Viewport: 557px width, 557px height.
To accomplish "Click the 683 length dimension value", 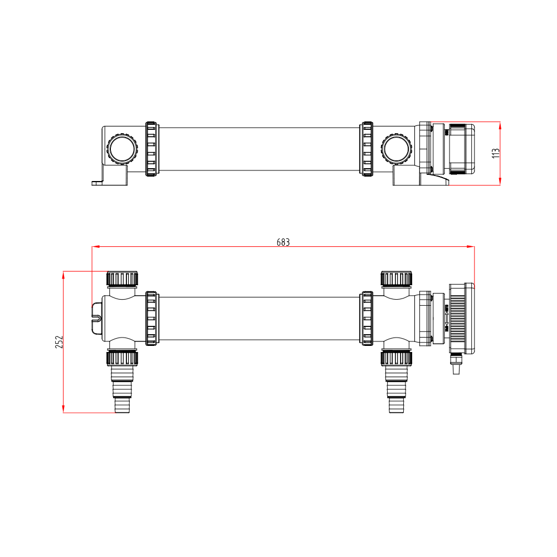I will [284, 242].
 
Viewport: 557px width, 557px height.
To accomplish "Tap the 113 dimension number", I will [496, 153].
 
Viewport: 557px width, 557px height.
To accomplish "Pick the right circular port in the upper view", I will [396, 149].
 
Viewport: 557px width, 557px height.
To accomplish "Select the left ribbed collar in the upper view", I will [151, 149].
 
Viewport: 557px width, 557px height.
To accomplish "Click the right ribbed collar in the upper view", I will [367, 149].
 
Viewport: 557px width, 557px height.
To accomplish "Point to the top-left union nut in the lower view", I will [122, 278].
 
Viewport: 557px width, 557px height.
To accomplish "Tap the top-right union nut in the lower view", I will [397, 278].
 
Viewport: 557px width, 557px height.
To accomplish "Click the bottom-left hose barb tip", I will [122, 405].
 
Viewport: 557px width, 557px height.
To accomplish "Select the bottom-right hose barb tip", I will [397, 405].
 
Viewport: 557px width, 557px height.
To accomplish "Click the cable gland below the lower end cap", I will [457, 365].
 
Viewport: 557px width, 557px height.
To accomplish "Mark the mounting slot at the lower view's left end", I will [96, 318].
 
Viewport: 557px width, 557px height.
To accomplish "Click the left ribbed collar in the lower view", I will [151, 318].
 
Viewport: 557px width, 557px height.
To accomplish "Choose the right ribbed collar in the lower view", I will [367, 318].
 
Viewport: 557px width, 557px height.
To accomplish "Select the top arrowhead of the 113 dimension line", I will [500, 125].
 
